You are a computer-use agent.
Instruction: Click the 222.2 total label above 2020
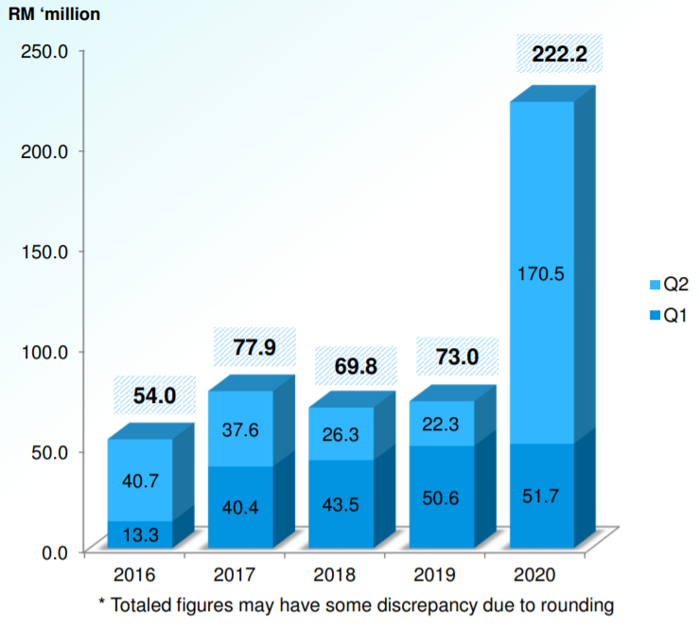click(559, 55)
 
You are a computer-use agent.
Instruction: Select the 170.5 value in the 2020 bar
click(541, 274)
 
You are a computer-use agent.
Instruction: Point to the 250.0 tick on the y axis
click(45, 51)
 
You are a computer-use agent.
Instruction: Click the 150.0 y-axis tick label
click(45, 252)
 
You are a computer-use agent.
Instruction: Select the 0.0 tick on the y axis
click(53, 552)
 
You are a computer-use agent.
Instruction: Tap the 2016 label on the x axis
click(139, 575)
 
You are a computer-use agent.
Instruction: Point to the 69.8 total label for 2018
click(354, 364)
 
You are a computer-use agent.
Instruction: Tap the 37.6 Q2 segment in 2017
click(240, 430)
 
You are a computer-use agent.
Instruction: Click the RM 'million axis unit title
click(56, 13)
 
